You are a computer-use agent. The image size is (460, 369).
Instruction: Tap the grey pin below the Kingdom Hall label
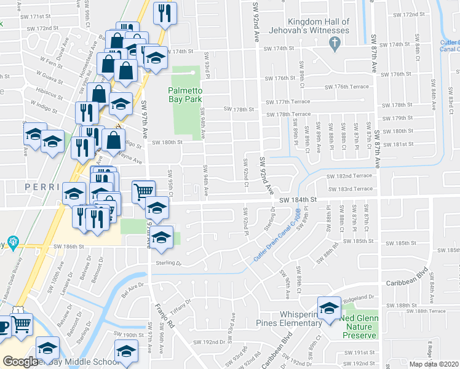click(335, 44)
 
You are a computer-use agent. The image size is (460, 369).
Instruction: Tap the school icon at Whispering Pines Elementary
click(328, 307)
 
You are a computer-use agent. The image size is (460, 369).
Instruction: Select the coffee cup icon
click(3, 326)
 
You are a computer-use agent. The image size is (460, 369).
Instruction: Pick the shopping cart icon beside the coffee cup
click(22, 323)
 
